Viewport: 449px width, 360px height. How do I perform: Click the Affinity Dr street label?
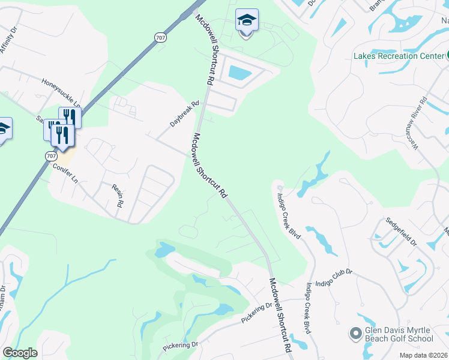(11, 41)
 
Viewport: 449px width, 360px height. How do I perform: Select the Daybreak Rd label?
(184, 113)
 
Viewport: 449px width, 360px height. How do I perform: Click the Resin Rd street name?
(117, 196)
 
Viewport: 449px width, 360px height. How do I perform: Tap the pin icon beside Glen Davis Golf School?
(355, 332)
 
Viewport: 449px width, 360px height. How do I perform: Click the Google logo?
(20, 353)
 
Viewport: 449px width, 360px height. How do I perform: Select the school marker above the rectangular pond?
(246, 21)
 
